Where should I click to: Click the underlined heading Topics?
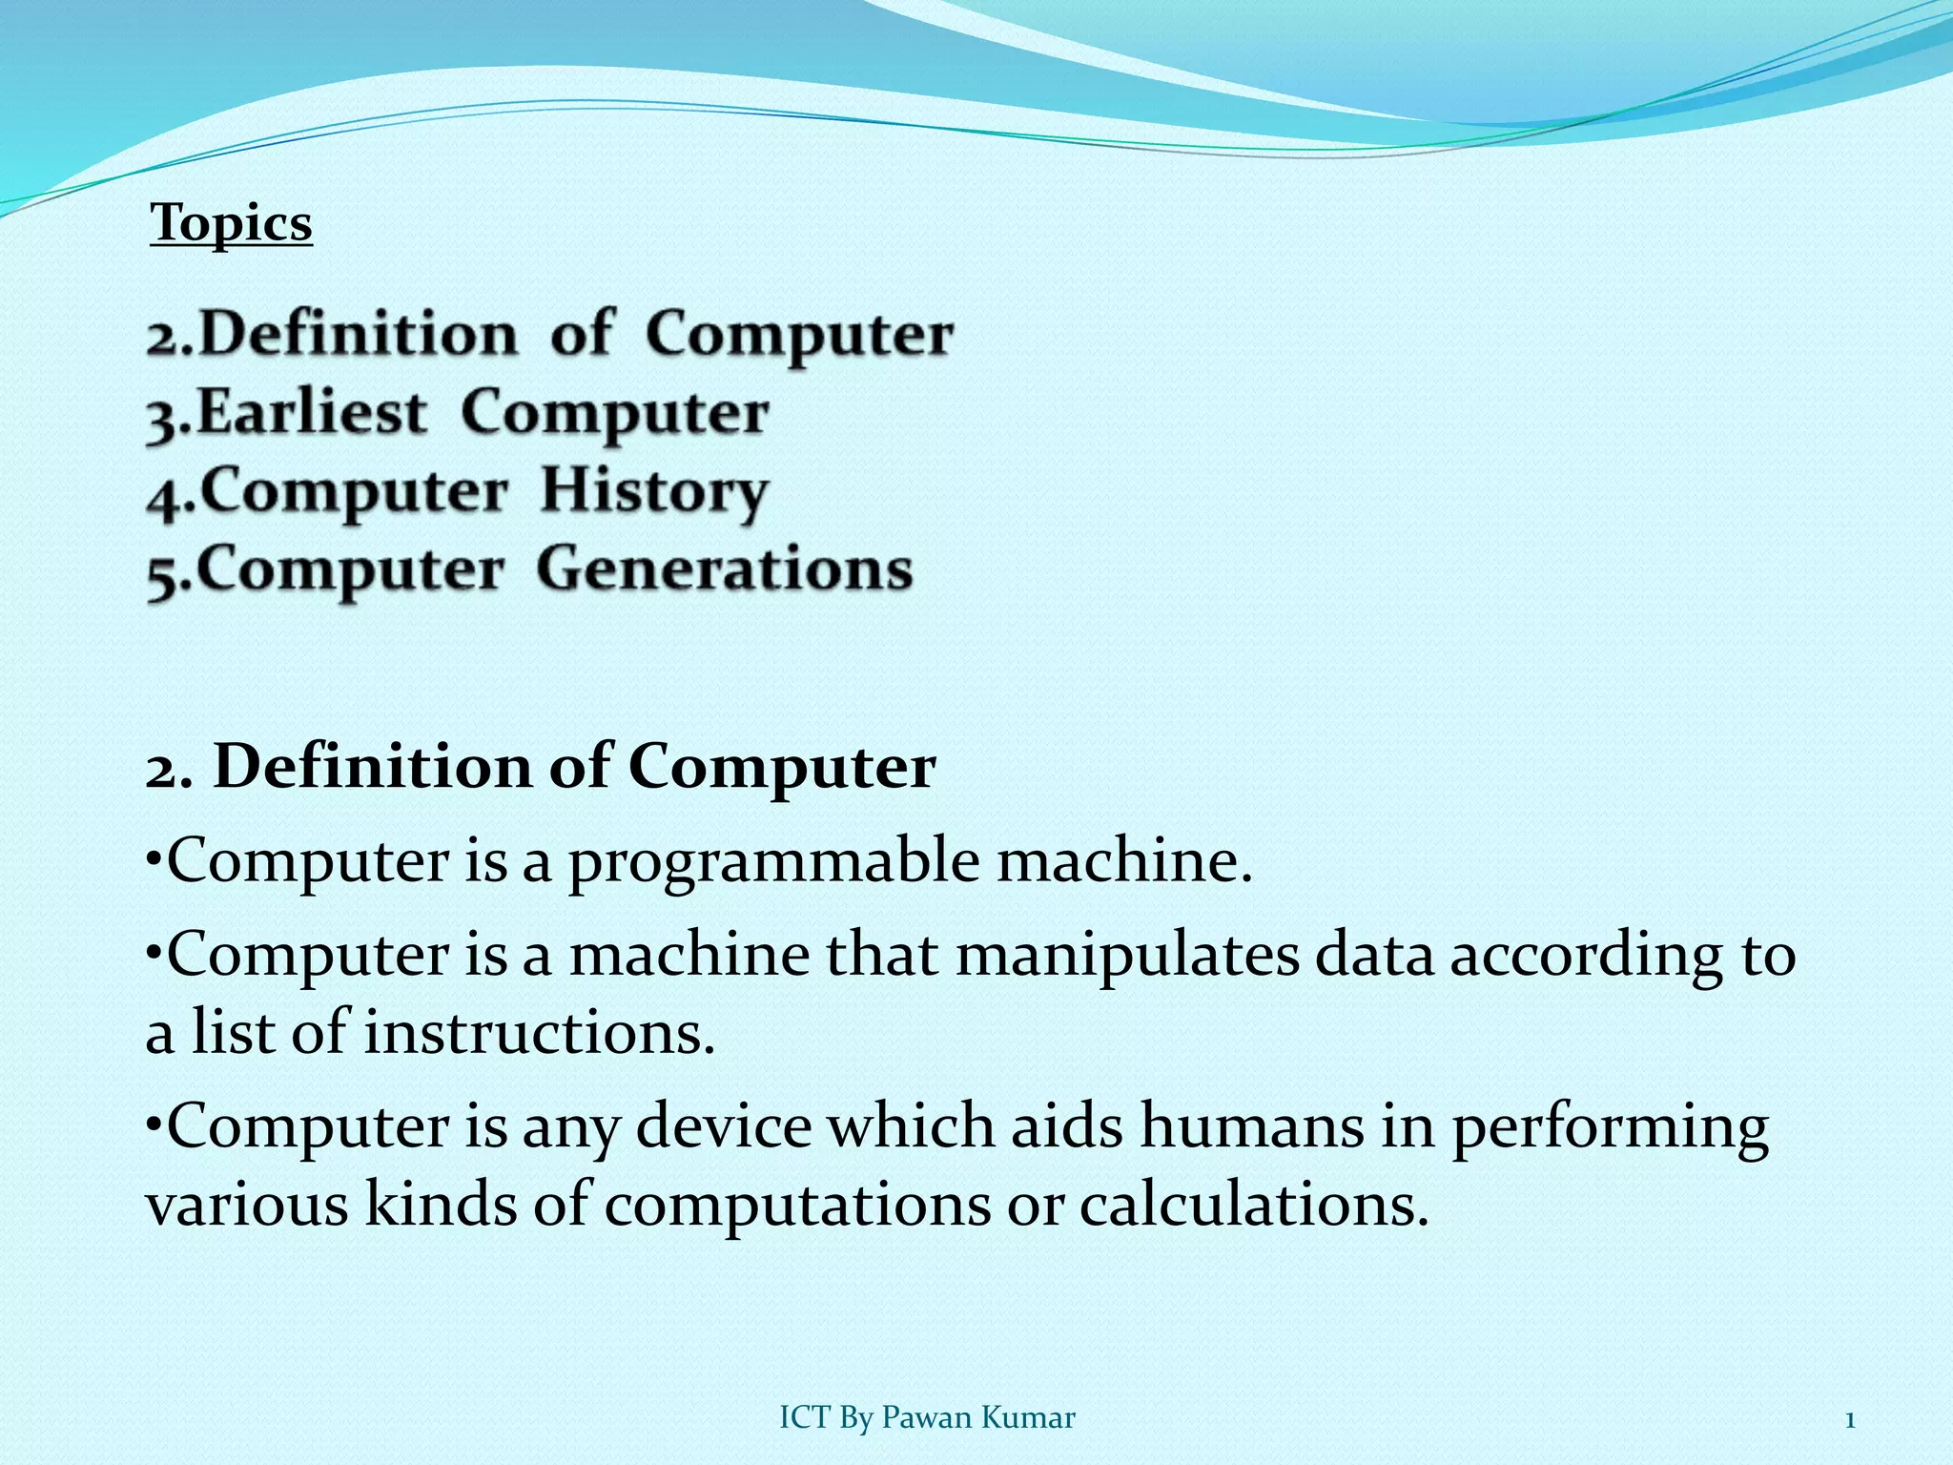[x=231, y=224]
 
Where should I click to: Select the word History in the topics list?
[x=653, y=491]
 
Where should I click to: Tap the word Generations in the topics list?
[x=724, y=569]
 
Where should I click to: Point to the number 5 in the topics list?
[x=163, y=572]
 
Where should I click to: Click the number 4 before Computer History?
[x=163, y=494]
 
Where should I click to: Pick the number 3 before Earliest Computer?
[x=163, y=416]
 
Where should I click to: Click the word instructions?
[x=539, y=1032]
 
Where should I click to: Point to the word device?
[x=723, y=1125]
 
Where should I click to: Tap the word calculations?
[x=1254, y=1204]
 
